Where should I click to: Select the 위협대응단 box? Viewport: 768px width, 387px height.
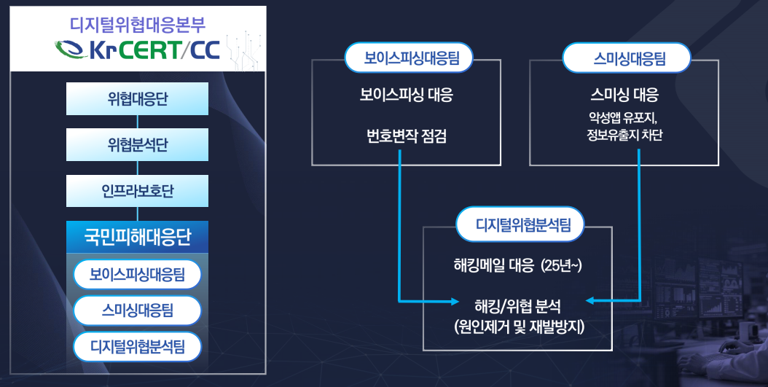point(137,99)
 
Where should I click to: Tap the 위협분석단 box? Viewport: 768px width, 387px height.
point(137,145)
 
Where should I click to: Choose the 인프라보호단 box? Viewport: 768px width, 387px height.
point(137,191)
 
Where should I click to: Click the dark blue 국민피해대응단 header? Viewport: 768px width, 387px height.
point(137,237)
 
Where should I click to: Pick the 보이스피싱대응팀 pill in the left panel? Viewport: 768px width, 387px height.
point(137,275)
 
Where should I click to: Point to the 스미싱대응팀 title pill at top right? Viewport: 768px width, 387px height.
point(627,58)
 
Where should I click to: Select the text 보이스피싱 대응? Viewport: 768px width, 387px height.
point(406,95)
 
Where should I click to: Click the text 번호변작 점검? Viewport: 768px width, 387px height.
point(406,136)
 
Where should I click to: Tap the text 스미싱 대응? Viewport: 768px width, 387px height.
point(624,95)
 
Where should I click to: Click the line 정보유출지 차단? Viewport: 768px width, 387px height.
point(624,136)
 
